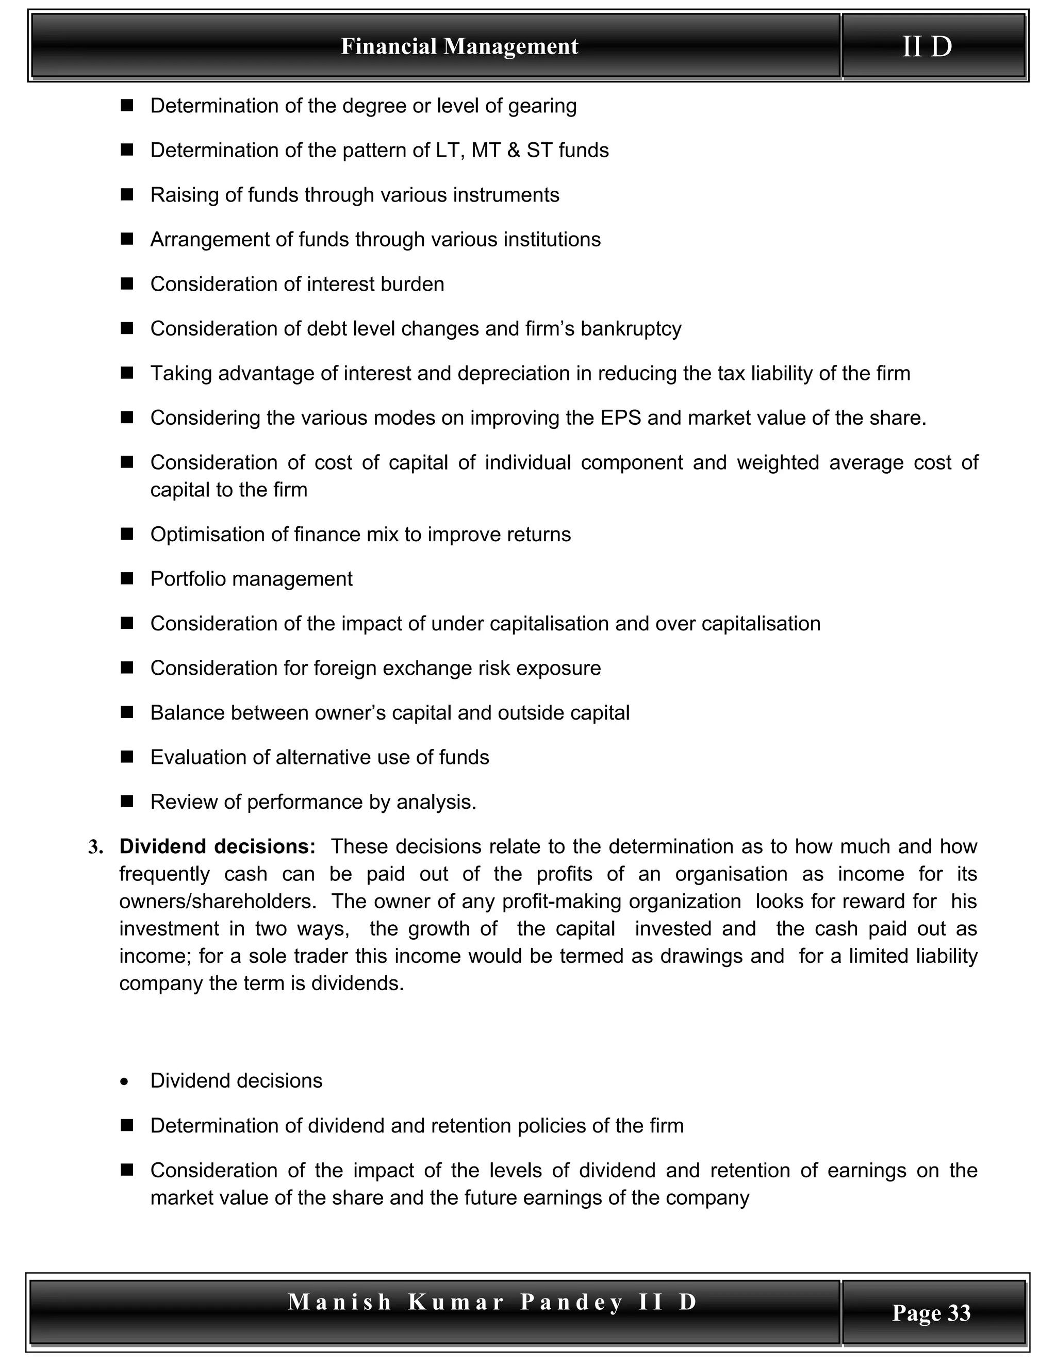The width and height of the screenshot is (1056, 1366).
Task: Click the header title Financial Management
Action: coord(459,46)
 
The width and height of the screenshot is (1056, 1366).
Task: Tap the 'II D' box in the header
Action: coord(927,46)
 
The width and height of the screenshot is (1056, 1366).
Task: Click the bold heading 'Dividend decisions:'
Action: coord(218,846)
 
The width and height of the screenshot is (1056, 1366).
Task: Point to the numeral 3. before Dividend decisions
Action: coord(95,847)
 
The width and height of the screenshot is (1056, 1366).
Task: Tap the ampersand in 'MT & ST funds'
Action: coord(514,151)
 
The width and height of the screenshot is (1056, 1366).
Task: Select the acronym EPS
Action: coord(621,418)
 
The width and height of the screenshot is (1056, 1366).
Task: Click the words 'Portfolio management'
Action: coord(252,579)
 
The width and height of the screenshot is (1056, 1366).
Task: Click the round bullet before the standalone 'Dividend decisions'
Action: coord(125,1082)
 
